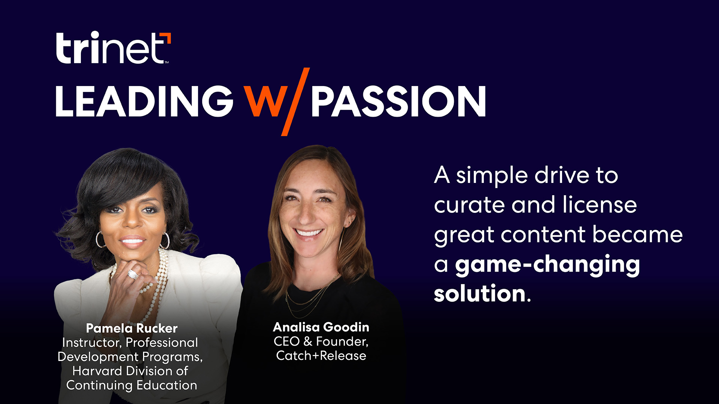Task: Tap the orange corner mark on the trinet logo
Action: click(x=167, y=37)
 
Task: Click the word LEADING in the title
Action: click(x=144, y=101)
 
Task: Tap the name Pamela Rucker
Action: click(x=131, y=328)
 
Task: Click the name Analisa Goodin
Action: click(x=321, y=327)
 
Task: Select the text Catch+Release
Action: click(x=321, y=356)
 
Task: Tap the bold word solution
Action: click(x=480, y=294)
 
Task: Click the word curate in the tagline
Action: click(x=469, y=205)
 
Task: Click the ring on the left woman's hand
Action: click(x=133, y=274)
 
